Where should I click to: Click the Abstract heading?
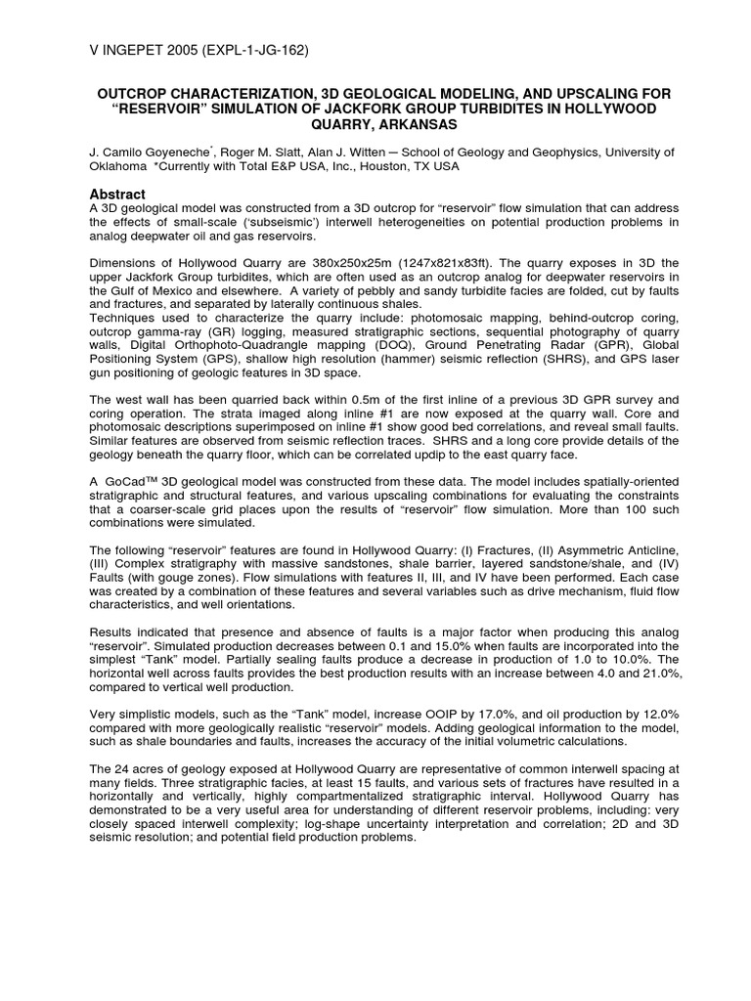point(117,195)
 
